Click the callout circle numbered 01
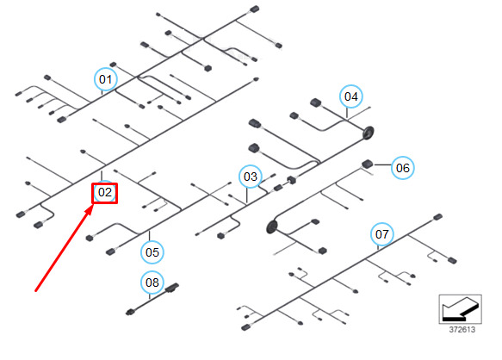(106, 79)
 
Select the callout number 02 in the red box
(105, 193)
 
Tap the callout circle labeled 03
(251, 177)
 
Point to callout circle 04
(351, 96)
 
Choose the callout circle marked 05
(152, 252)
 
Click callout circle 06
(403, 168)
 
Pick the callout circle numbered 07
(382, 234)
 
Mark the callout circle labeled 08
(152, 282)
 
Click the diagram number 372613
(462, 330)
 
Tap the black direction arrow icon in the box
(461, 309)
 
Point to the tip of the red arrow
(93, 205)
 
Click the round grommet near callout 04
(369, 133)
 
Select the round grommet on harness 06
(272, 227)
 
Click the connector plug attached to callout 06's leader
(367, 164)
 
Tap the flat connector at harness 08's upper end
(172, 288)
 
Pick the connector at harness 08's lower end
(131, 312)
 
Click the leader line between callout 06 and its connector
(382, 165)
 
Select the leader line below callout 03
(247, 196)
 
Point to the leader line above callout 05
(149, 236)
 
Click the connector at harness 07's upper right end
(437, 218)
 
